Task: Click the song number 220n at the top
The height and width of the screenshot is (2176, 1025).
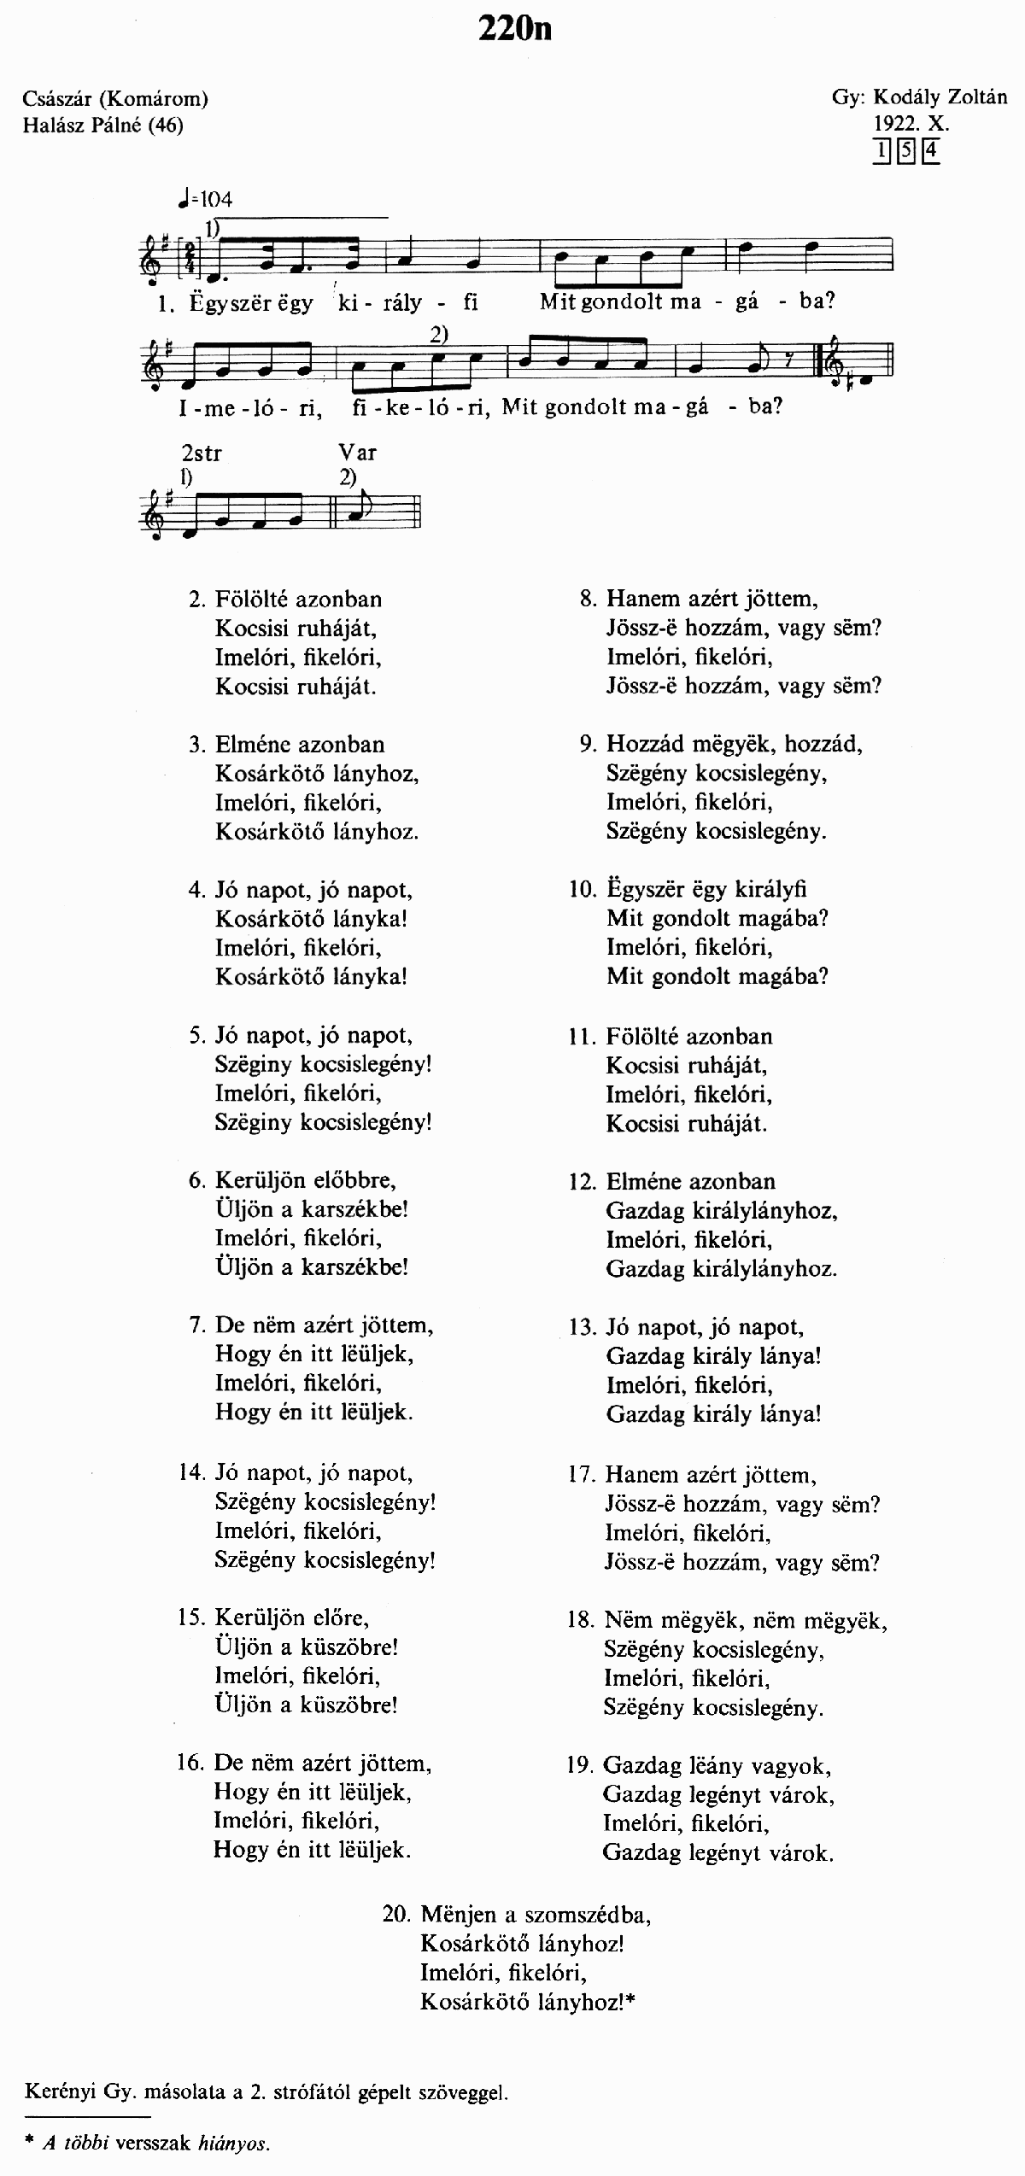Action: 514,28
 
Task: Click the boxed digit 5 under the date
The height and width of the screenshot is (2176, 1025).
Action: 906,151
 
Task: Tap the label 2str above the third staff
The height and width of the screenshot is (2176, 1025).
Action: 201,453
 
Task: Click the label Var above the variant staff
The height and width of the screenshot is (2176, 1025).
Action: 357,453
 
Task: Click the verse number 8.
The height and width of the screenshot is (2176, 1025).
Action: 588,599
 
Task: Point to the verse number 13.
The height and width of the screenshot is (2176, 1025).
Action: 582,1327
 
